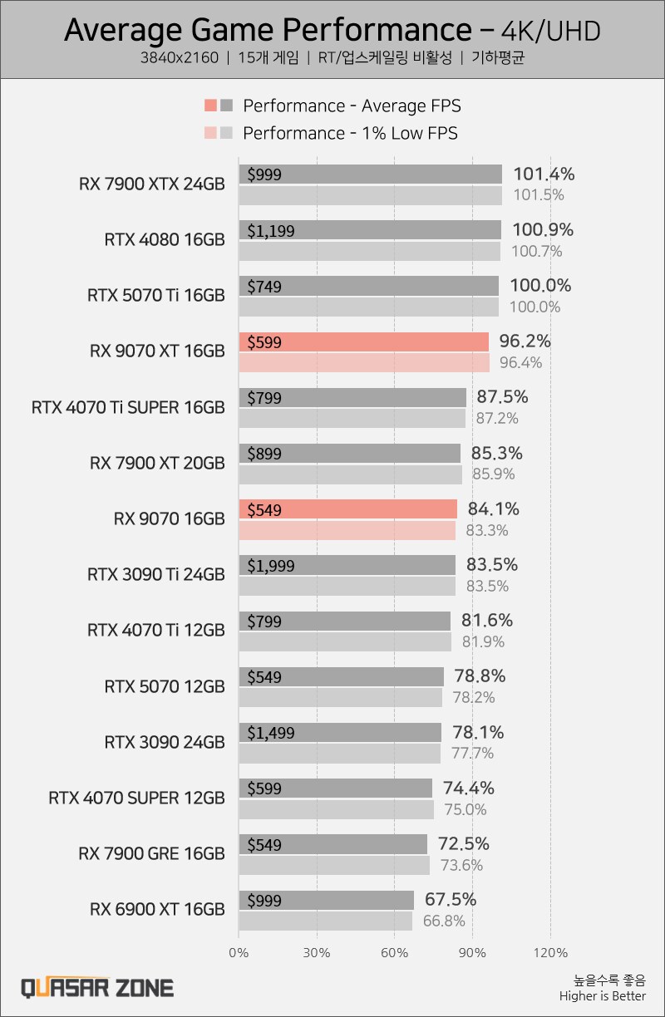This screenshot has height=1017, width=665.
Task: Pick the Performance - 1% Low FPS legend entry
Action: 350,133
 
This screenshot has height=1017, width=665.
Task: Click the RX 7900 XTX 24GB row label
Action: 152,184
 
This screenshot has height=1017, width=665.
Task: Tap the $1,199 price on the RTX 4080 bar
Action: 271,230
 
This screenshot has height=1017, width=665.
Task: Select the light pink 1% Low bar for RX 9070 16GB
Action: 347,530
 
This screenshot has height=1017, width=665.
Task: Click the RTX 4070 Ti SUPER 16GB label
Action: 128,407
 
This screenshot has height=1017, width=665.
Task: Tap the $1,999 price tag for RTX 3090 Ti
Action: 271,565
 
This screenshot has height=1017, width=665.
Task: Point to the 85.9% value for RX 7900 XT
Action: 494,474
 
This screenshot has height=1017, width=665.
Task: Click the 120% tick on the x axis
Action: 551,952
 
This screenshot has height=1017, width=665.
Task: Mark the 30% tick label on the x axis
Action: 317,952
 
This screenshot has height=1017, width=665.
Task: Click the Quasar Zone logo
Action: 96,987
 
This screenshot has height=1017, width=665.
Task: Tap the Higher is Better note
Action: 602,996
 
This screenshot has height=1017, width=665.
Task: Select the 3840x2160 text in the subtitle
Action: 180,58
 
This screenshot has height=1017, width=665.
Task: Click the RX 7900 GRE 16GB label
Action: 152,853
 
